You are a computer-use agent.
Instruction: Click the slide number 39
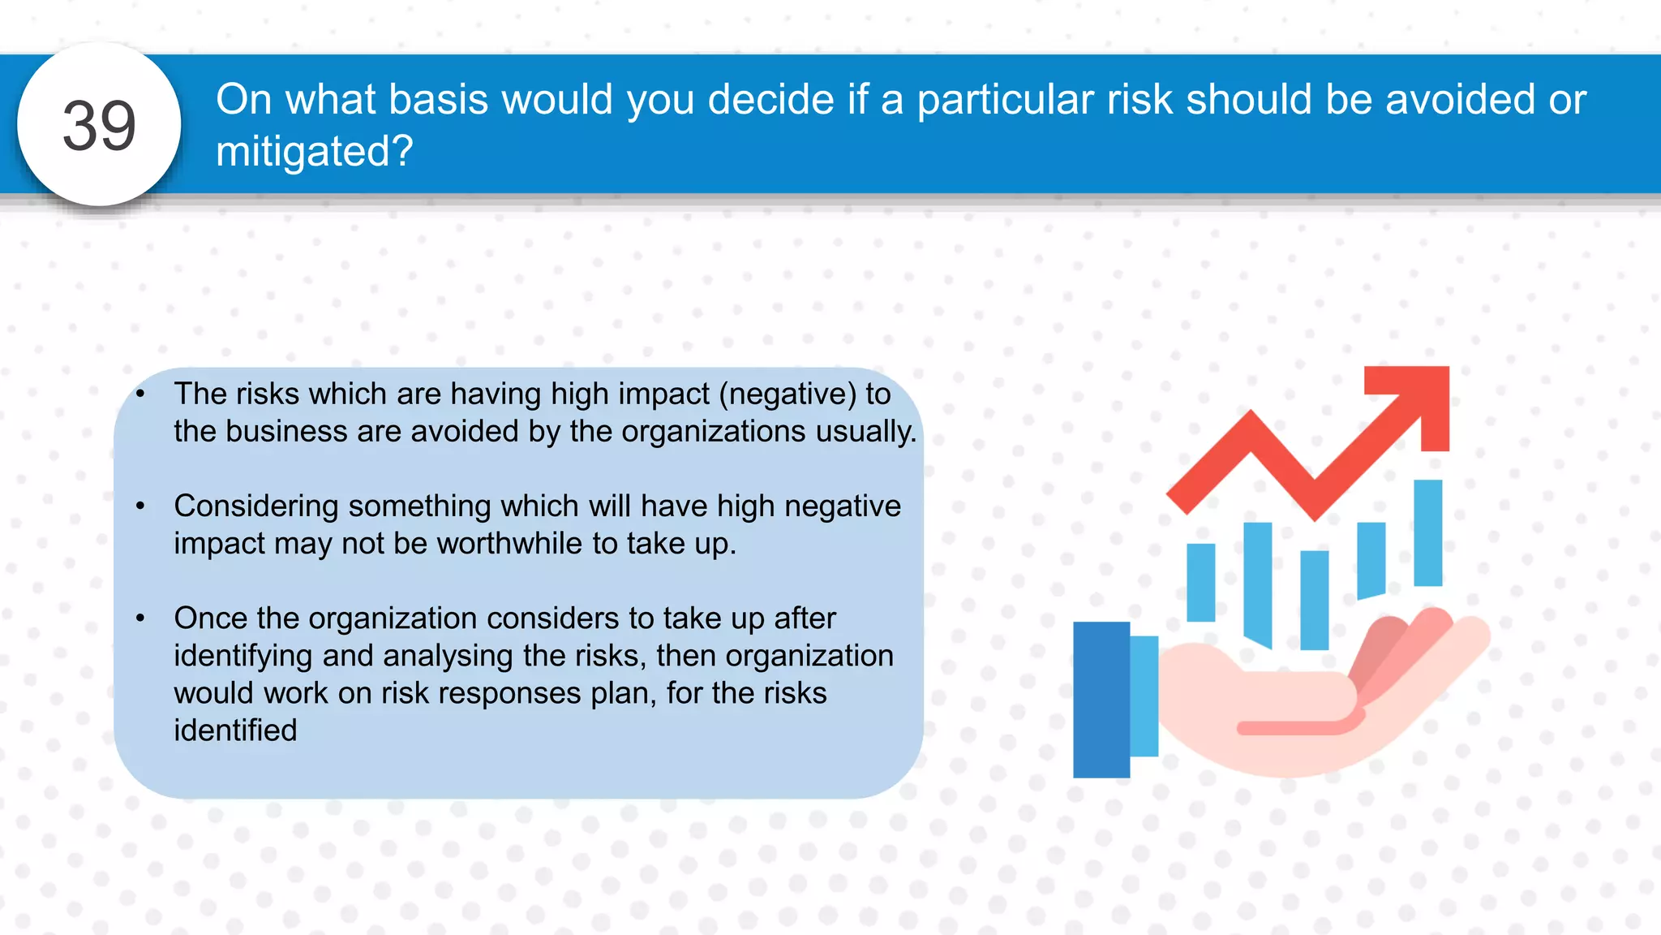(x=99, y=126)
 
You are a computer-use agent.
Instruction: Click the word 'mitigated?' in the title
(x=315, y=152)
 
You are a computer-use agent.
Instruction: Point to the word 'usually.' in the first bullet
(x=866, y=431)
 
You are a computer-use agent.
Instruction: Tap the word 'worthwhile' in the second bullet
(x=509, y=544)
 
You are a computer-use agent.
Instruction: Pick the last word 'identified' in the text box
(x=235, y=730)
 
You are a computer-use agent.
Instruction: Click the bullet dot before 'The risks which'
(x=140, y=394)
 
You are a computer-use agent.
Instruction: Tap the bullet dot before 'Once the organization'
(x=140, y=618)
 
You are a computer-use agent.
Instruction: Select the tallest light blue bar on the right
(x=1427, y=532)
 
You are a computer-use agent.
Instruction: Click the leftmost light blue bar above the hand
(x=1200, y=582)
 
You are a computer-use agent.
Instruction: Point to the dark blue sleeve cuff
(x=1101, y=700)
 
